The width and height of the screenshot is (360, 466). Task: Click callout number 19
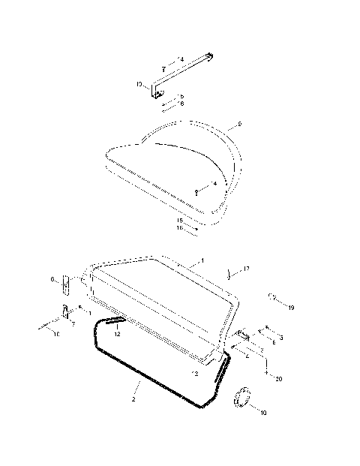(291, 307)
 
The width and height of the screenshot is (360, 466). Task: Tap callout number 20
(279, 379)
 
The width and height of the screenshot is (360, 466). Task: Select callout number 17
(245, 268)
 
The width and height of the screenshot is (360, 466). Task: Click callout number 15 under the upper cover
(180, 220)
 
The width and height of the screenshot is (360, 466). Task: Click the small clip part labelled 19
(271, 298)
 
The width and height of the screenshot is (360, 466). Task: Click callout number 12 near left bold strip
(117, 335)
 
